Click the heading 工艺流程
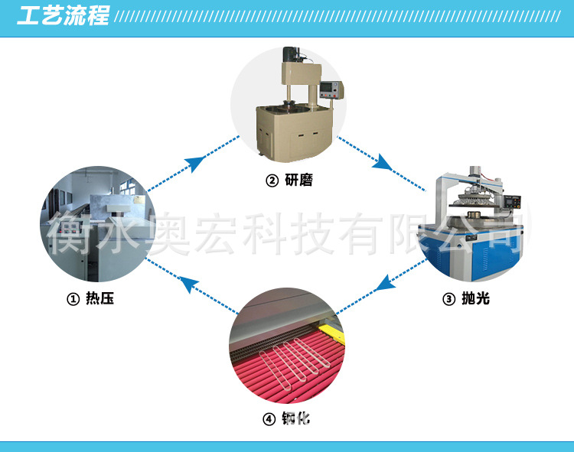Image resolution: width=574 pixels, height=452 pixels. click(x=63, y=15)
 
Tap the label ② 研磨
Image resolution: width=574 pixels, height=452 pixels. click(x=289, y=180)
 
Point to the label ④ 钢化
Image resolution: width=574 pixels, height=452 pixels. click(x=287, y=419)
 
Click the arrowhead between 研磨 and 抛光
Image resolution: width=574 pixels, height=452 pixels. click(x=382, y=162)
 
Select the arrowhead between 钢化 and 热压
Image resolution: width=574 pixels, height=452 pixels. click(x=188, y=284)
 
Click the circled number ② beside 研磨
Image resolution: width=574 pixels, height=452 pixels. click(x=271, y=181)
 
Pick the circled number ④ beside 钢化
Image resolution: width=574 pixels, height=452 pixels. click(x=269, y=419)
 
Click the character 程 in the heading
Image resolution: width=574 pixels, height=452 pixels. click(x=98, y=15)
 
